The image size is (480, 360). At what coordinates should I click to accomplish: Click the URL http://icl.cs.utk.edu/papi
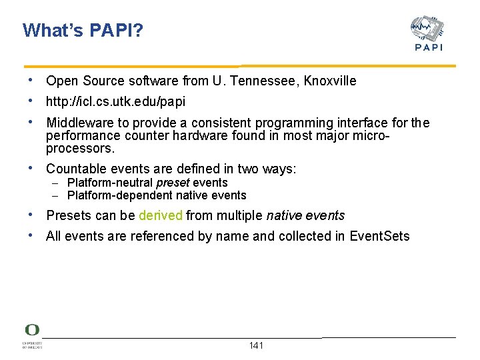click(115, 102)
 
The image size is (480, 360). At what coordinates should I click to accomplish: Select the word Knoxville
click(330, 81)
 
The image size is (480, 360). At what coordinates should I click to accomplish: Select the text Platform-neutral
click(110, 183)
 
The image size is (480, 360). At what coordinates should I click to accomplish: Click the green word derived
click(160, 215)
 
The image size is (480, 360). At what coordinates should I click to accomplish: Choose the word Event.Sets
click(379, 236)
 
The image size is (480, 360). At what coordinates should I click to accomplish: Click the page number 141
click(256, 345)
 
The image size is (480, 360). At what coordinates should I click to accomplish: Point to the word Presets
click(69, 215)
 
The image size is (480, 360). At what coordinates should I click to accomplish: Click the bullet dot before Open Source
click(31, 81)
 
